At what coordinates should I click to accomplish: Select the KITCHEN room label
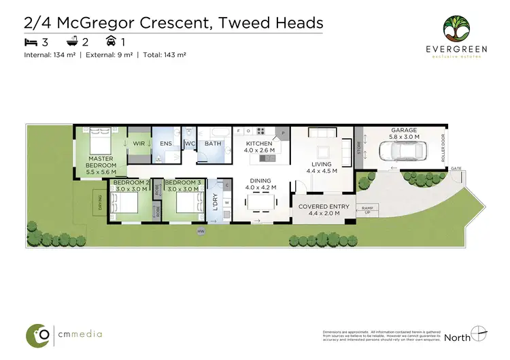point(259,144)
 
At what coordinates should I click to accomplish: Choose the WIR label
point(139,144)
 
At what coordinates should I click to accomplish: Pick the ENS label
point(166,144)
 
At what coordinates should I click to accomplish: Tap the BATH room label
point(213,144)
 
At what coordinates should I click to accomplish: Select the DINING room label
point(259,180)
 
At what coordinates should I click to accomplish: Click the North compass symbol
point(479,335)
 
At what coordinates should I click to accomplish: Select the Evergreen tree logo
point(456,29)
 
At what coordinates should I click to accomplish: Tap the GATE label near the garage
point(455,168)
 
